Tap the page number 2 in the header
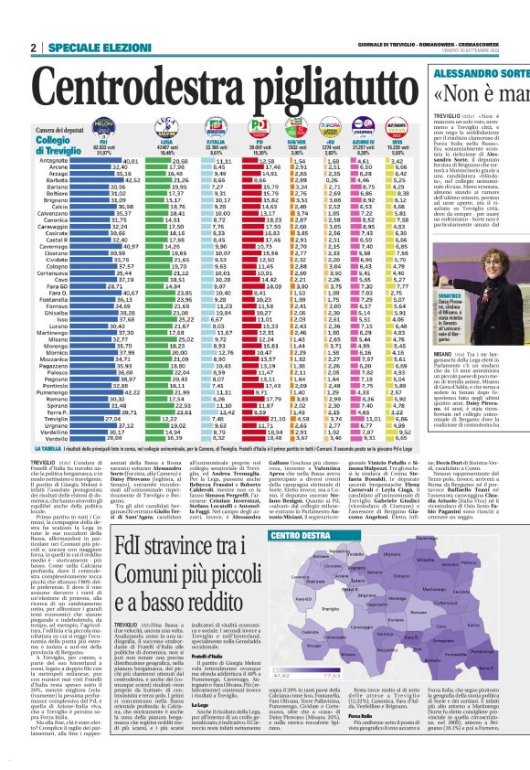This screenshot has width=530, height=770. click(33, 48)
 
